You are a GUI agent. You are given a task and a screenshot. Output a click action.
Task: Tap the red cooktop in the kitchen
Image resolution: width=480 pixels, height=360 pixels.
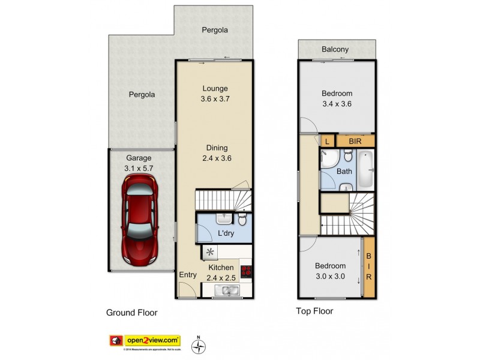click(x=245, y=272)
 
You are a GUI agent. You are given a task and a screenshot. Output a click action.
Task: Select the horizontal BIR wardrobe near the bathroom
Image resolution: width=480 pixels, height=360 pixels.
click(x=355, y=141)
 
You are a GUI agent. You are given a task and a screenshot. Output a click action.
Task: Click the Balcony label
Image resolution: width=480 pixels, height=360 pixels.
click(x=335, y=50)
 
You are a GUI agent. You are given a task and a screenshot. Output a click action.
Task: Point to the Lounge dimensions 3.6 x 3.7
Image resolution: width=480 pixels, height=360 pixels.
click(x=215, y=100)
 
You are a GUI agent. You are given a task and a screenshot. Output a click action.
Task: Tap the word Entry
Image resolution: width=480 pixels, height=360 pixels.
click(x=188, y=275)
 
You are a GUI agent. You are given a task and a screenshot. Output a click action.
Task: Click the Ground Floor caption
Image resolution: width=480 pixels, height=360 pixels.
click(x=131, y=313)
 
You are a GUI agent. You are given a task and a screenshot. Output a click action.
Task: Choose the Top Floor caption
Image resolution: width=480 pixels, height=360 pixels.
click(x=314, y=311)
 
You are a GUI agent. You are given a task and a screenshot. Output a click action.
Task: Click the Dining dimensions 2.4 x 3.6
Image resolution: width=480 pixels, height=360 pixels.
click(x=217, y=158)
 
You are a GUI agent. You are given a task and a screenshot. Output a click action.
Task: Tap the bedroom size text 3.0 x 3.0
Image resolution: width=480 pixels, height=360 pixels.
click(x=331, y=276)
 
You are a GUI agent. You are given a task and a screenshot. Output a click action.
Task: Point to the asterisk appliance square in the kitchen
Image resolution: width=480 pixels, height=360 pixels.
click(x=210, y=252)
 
